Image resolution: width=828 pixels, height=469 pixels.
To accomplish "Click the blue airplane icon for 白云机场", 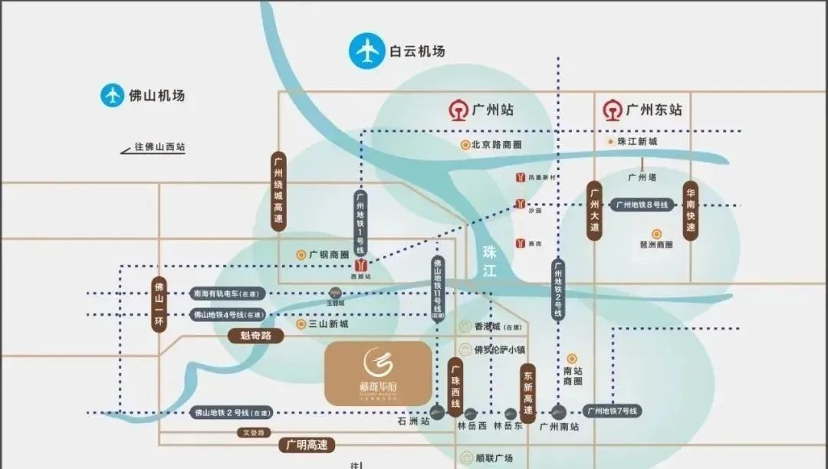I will (366, 51).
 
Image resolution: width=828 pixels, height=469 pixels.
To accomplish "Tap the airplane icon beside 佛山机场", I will (113, 96).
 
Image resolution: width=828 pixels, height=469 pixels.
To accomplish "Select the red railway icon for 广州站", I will (458, 110).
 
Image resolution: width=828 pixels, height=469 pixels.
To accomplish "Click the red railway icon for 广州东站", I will (612, 110).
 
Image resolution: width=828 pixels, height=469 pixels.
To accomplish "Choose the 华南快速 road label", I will (690, 212).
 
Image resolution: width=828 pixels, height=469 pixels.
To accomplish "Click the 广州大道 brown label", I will (593, 212).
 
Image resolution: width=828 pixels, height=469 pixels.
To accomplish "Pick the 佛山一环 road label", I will (159, 303).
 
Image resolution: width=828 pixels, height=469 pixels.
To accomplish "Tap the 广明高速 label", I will (307, 444).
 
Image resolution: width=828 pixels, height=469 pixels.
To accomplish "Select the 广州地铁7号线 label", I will (613, 411).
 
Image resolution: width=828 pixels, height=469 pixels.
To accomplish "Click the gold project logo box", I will (378, 373).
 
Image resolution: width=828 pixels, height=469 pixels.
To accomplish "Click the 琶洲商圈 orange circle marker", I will (656, 234).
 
